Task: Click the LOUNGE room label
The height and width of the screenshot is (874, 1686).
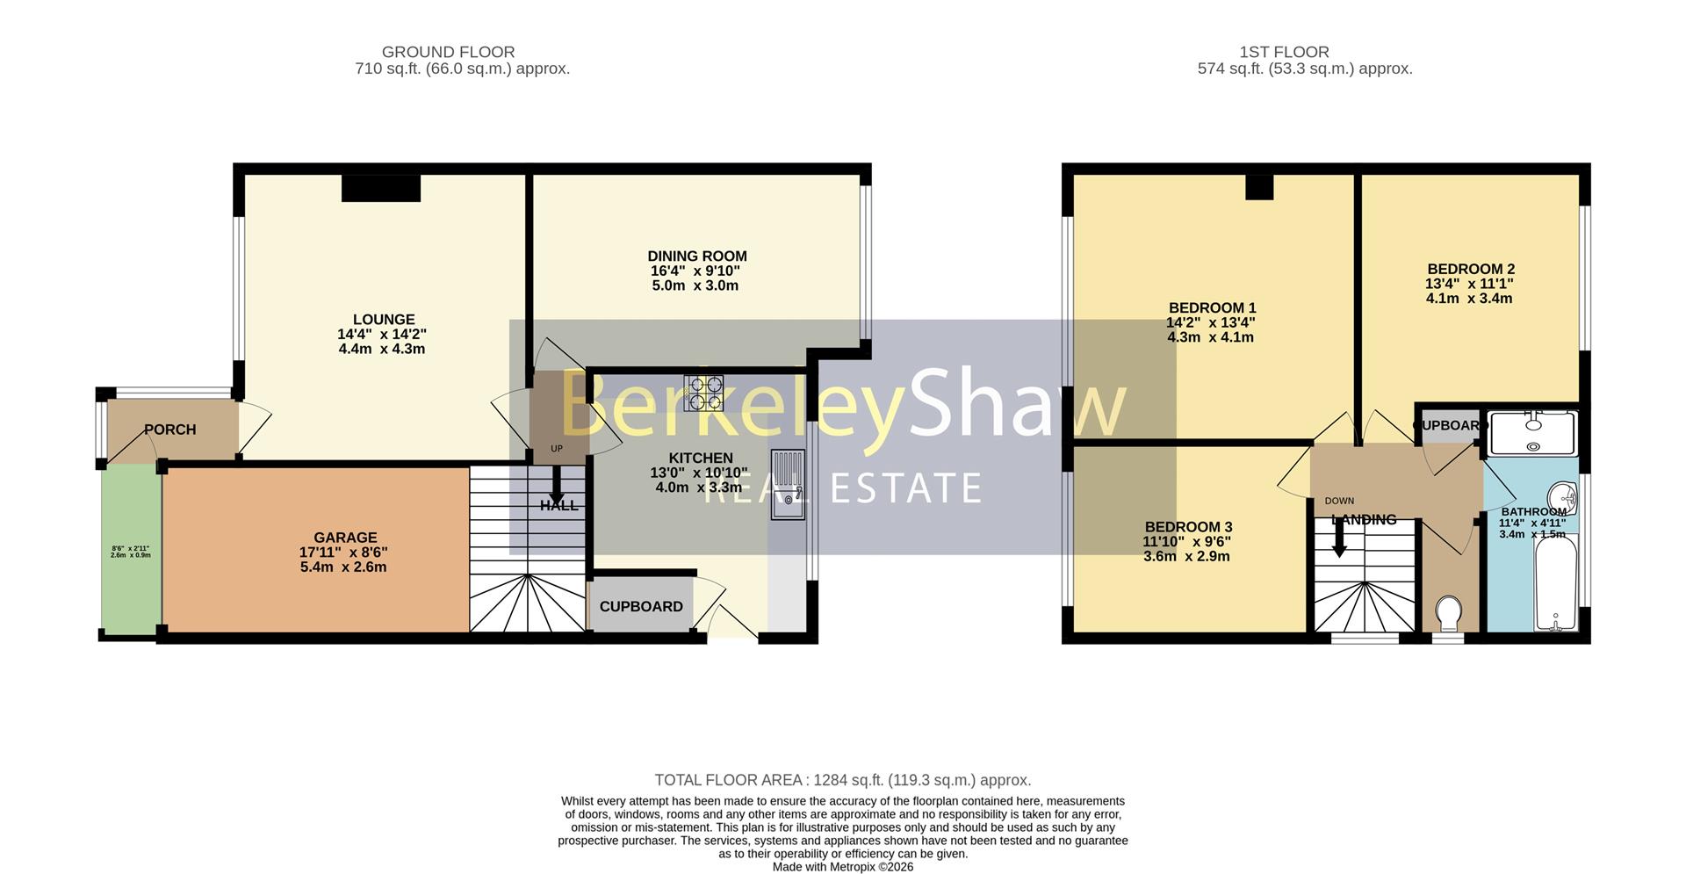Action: [x=384, y=320]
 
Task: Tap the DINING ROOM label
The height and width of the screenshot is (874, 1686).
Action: [x=697, y=256]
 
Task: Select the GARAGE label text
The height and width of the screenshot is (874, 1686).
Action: [x=345, y=538]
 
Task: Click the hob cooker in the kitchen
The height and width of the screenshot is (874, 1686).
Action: [x=703, y=393]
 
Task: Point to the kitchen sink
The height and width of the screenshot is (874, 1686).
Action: [x=787, y=484]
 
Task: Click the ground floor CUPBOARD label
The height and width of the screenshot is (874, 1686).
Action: [x=641, y=607]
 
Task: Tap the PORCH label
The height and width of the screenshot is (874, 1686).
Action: [x=169, y=430]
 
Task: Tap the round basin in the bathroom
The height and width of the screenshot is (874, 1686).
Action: [x=1563, y=497]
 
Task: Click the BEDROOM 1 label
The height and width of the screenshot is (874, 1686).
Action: [x=1212, y=308]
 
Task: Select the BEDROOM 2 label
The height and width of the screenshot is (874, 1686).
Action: [x=1471, y=270]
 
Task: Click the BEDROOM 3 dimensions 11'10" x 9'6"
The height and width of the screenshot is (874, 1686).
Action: [x=1187, y=542]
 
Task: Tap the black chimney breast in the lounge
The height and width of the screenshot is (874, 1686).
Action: [x=380, y=188]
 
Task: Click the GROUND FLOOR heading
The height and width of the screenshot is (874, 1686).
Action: [x=448, y=53]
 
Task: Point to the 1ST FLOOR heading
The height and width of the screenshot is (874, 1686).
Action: [x=1284, y=53]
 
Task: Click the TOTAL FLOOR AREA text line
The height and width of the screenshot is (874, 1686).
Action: [x=842, y=780]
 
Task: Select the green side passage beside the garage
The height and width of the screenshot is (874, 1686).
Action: [x=131, y=548]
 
